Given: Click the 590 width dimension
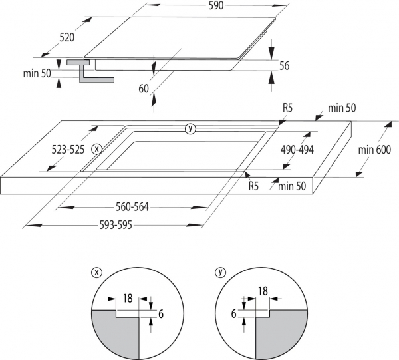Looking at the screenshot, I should point(217,5).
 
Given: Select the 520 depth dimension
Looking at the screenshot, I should point(66,38).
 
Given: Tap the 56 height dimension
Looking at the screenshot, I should point(285,65).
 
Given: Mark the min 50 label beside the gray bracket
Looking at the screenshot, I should point(36,73).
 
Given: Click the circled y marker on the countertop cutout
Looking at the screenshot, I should point(191,128).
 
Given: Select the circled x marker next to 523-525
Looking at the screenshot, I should point(97,149).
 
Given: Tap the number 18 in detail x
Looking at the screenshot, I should point(127,299).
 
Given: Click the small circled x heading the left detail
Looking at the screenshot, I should point(97,272).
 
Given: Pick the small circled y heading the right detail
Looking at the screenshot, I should point(220,272).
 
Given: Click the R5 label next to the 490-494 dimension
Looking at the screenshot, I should point(287,107).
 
